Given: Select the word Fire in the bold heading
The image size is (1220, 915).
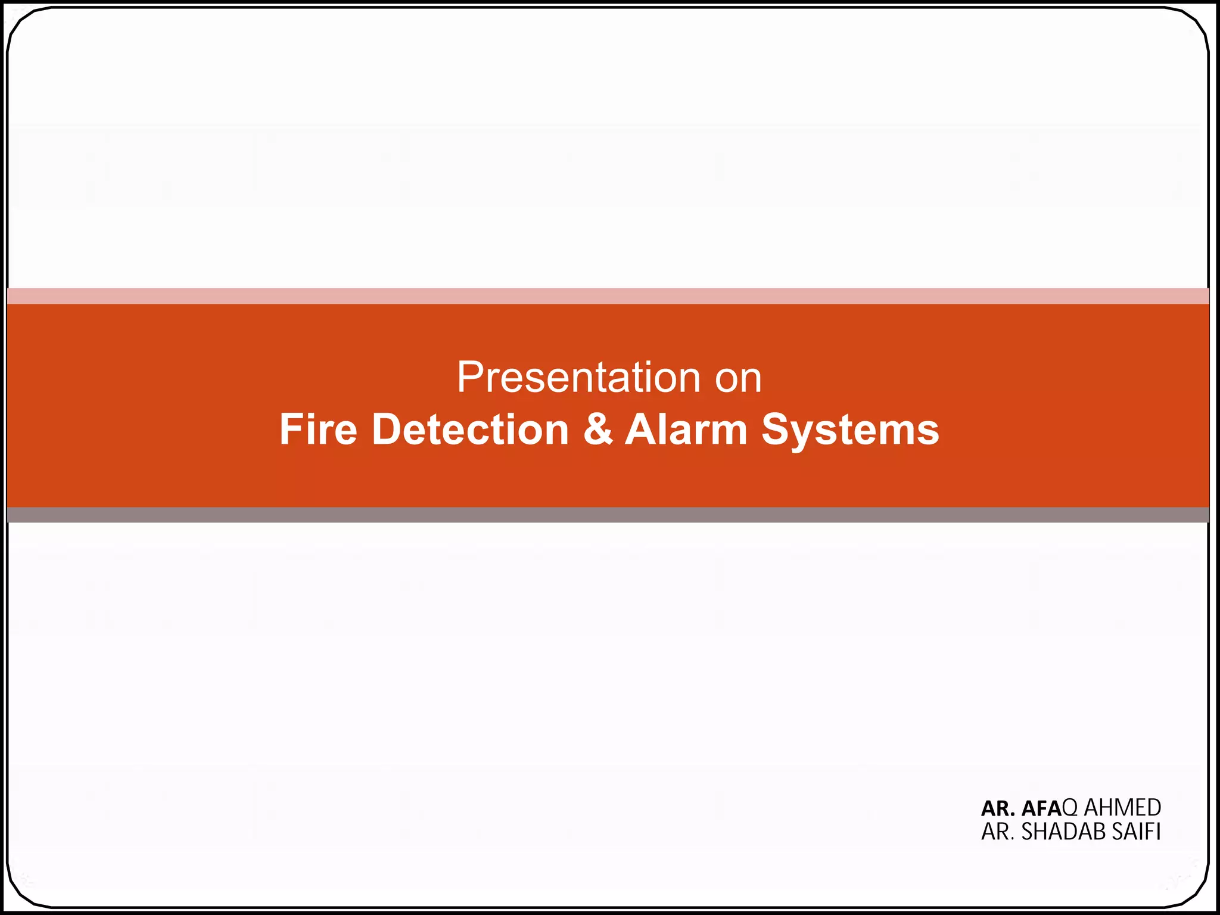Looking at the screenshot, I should pyautogui.click(x=318, y=430).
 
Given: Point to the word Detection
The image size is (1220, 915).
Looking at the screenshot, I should pyautogui.click(x=471, y=430).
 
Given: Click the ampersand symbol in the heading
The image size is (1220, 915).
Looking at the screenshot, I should pyautogui.click(x=597, y=430).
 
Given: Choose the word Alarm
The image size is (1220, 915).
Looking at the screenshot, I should pyautogui.click(x=686, y=430).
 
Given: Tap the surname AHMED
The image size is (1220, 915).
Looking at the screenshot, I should pyautogui.click(x=1122, y=808).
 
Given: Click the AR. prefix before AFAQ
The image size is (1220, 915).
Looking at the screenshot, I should pyautogui.click(x=998, y=808).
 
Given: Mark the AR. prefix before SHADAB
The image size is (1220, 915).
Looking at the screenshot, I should pyautogui.click(x=998, y=832).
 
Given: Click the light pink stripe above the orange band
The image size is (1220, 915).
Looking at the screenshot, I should pyautogui.click(x=608, y=296).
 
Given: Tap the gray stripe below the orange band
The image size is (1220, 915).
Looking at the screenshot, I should pyautogui.click(x=608, y=515).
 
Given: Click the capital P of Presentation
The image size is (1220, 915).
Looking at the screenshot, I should pyautogui.click(x=469, y=378).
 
